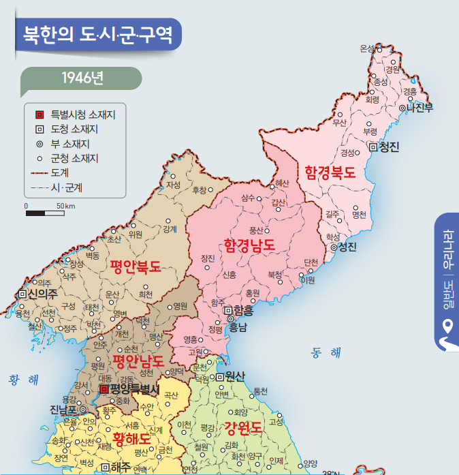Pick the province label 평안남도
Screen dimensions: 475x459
click(x=139, y=360)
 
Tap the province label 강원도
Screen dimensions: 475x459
click(x=242, y=428)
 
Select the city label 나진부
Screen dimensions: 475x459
click(x=420, y=108)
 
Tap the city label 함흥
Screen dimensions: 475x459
click(x=242, y=310)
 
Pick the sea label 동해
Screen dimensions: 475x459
click(x=326, y=352)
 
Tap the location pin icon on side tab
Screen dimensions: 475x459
click(x=448, y=326)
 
